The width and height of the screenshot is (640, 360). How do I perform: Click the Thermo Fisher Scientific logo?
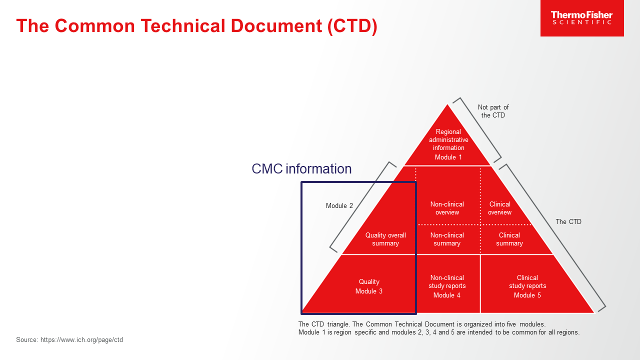point(582,18)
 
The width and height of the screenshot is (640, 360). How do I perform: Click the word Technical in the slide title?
point(183,25)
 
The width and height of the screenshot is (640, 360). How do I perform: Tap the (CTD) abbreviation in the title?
point(352,26)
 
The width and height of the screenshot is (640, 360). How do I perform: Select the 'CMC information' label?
point(301,168)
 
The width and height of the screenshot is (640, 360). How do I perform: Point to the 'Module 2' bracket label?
point(339,205)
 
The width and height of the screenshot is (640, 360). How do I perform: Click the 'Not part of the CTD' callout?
point(493,111)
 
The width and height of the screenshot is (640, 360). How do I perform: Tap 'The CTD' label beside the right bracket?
point(568,221)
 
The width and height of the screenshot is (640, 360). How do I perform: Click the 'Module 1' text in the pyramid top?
point(448,157)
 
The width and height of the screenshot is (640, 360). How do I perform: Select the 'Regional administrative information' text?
point(448,139)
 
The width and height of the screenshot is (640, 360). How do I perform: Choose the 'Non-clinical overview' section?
point(447,208)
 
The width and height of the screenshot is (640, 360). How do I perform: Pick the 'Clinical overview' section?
point(499,208)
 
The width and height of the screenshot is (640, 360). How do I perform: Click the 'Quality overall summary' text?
point(385,239)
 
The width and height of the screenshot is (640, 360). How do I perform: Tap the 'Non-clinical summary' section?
point(447,239)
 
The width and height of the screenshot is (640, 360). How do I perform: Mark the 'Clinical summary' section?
point(509,239)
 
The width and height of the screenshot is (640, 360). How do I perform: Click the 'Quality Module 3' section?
point(369,286)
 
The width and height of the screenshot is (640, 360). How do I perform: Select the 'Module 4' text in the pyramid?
point(447,295)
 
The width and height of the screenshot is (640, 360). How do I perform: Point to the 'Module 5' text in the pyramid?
point(527,295)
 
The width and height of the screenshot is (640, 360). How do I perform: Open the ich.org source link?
point(81,340)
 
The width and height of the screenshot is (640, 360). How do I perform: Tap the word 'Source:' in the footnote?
point(27,339)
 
